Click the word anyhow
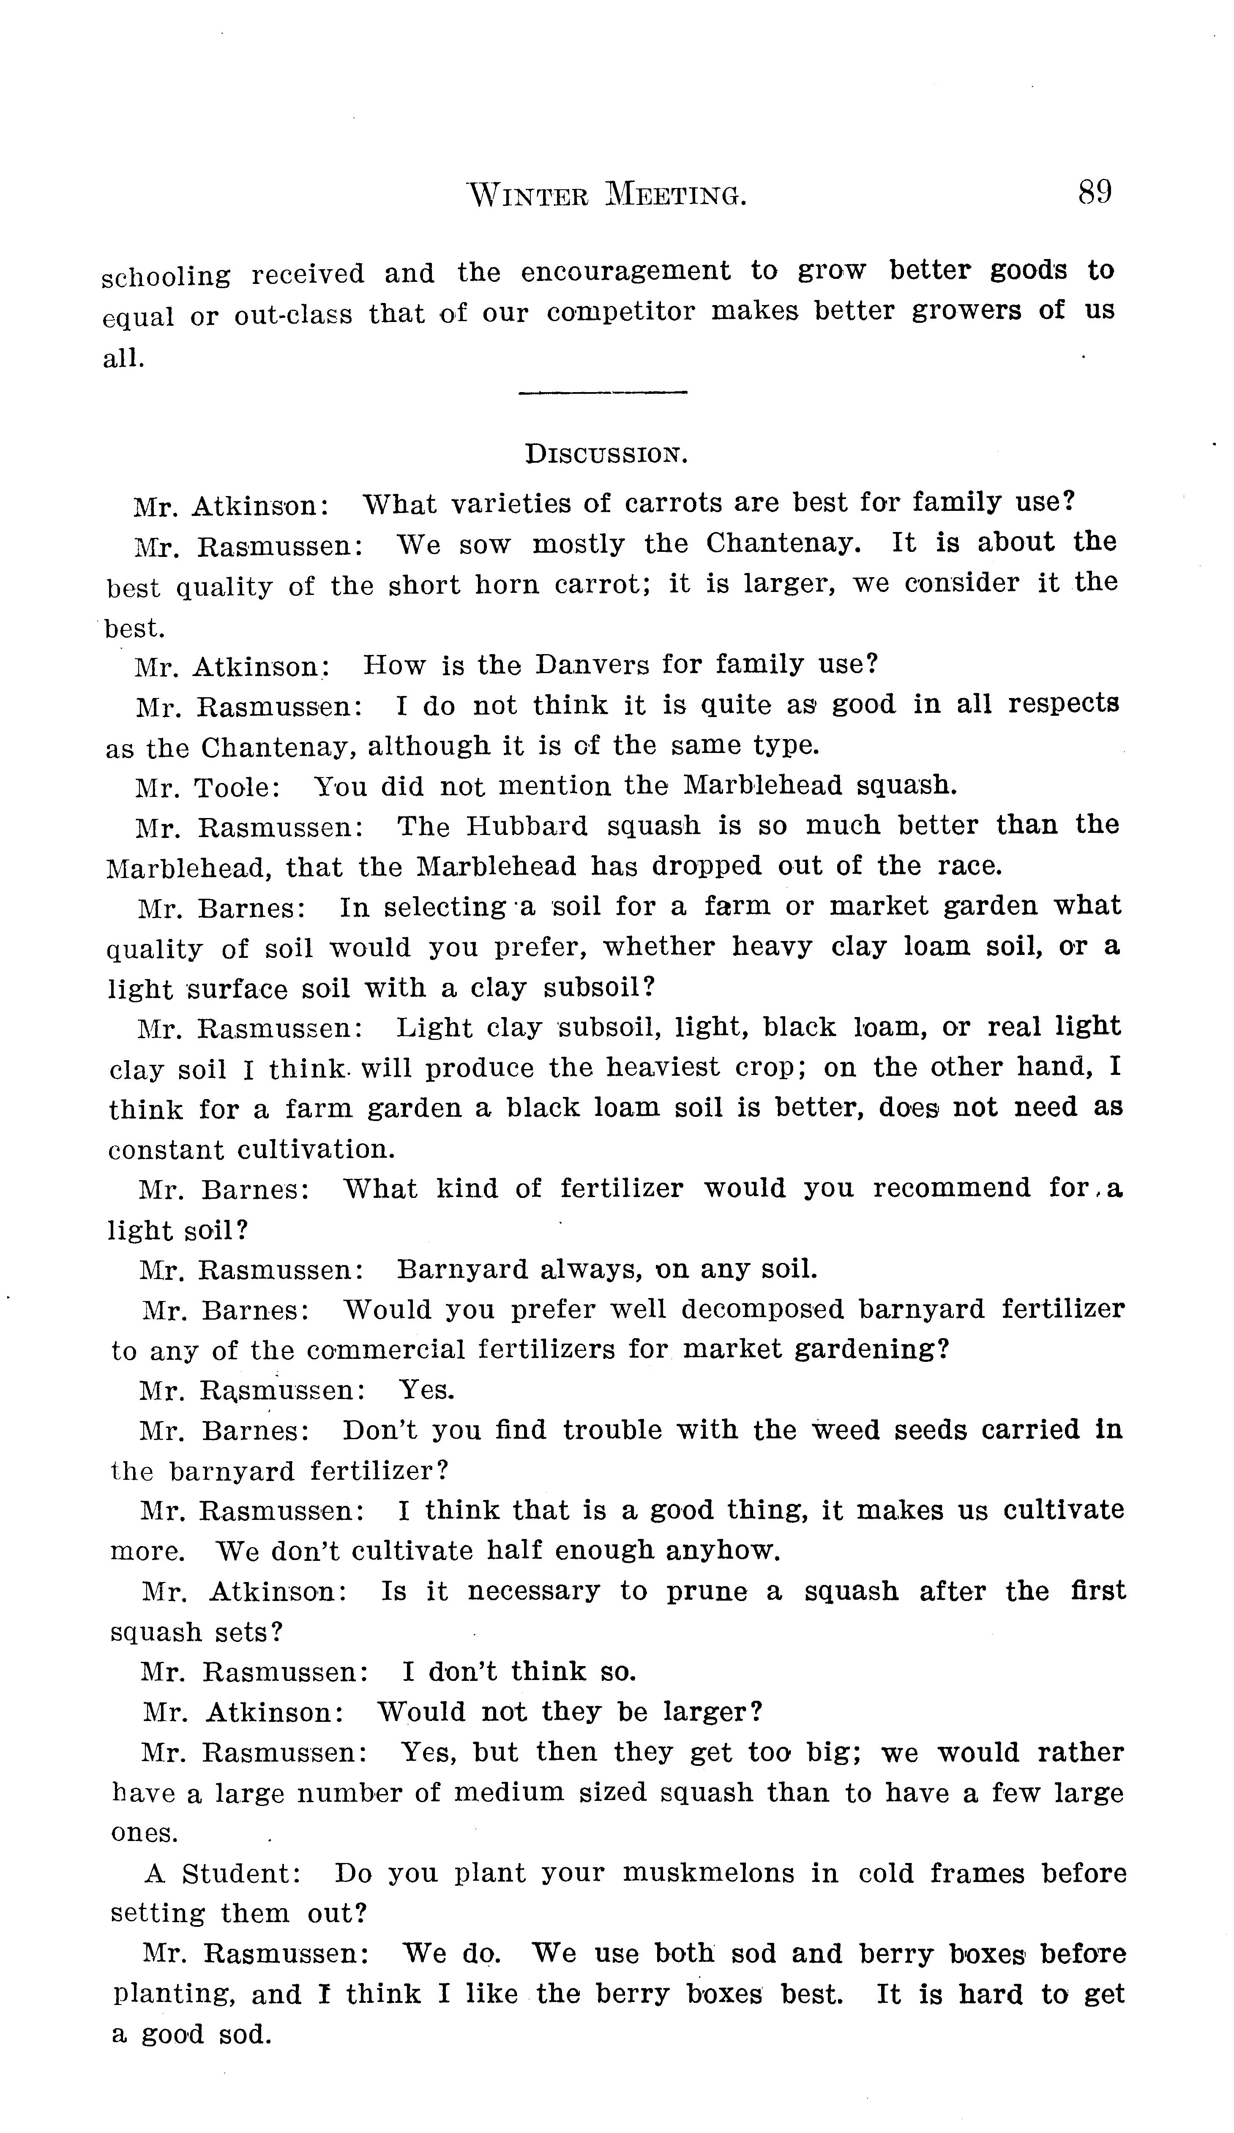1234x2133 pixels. pyautogui.click(x=722, y=1551)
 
